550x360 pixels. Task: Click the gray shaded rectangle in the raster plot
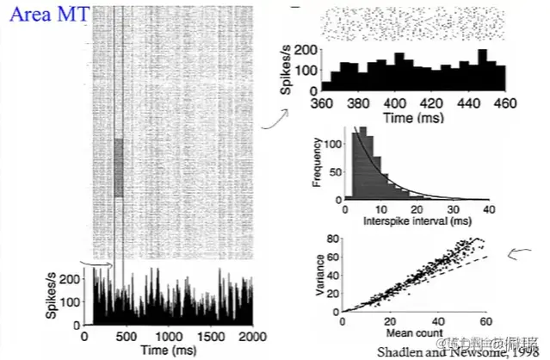pyautogui.click(x=119, y=166)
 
